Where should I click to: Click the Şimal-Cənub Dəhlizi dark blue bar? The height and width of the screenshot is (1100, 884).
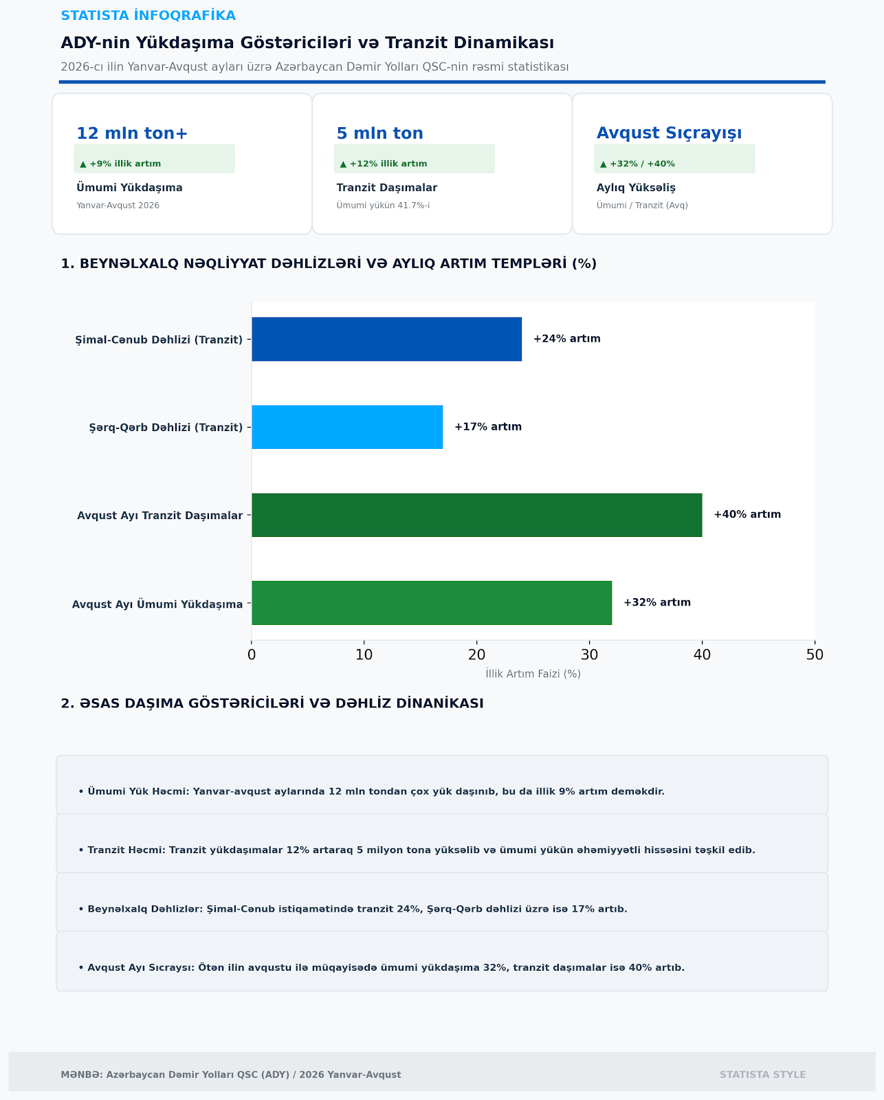386,339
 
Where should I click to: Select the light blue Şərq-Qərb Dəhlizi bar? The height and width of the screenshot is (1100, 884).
347,427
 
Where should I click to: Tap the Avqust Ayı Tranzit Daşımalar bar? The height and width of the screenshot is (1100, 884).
477,515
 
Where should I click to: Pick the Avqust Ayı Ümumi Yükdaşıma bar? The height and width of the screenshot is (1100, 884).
432,603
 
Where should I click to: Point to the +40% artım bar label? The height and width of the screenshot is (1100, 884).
747,514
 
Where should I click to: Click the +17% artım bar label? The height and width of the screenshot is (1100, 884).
488,426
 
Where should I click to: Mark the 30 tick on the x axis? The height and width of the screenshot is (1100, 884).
590,654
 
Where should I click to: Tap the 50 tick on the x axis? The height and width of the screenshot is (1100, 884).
815,654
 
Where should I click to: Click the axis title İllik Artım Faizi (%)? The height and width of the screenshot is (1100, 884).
533,674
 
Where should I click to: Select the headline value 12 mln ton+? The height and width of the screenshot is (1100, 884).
132,133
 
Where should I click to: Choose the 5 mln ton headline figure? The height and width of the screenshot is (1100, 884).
379,133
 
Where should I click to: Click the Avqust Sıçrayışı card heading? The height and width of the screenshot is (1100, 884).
669,133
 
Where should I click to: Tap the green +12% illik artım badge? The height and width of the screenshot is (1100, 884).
414,159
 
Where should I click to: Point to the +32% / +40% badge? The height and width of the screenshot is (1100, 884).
674,159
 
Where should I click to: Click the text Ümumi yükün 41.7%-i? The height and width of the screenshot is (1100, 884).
383,206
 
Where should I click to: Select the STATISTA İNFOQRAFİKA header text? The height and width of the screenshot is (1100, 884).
148,16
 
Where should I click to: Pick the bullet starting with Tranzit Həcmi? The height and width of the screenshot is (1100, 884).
417,850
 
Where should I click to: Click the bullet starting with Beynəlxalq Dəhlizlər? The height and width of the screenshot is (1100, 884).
353,909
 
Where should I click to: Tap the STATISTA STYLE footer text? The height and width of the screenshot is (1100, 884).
762,1075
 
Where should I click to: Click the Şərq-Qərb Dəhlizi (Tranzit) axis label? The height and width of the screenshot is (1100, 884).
166,428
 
